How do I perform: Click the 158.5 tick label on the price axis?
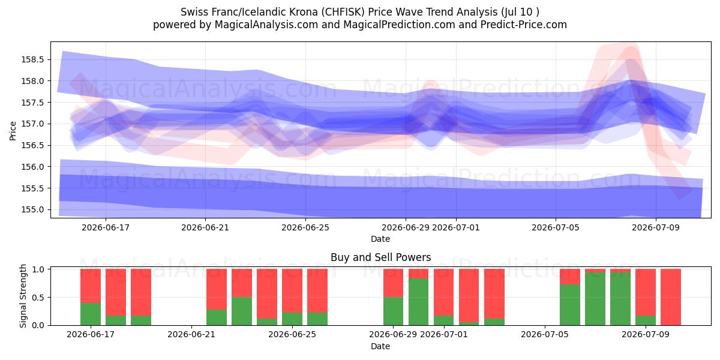pos(32,60)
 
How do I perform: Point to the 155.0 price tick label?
pos(32,210)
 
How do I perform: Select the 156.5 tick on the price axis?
pos(32,146)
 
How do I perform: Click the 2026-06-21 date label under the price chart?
pos(205,228)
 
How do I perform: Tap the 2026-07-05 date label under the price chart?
pos(556,228)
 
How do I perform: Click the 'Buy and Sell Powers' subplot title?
pos(380,257)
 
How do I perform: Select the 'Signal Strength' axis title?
pos(23,296)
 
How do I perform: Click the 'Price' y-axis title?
pos(13,131)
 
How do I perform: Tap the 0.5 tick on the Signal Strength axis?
pos(38,298)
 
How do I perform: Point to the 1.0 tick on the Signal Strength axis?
pos(38,269)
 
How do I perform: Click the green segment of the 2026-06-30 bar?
pos(419,302)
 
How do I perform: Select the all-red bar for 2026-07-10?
pos(671,297)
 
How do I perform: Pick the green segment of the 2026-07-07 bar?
pos(595,299)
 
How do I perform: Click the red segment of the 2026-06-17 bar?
pos(91,286)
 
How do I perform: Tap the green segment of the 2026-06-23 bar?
pos(242,311)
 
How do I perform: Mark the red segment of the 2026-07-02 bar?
pos(469,296)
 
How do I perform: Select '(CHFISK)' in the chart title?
pos(344,12)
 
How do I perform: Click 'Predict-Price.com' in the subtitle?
pos(524,25)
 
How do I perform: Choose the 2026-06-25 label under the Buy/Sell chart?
pos(292,335)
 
